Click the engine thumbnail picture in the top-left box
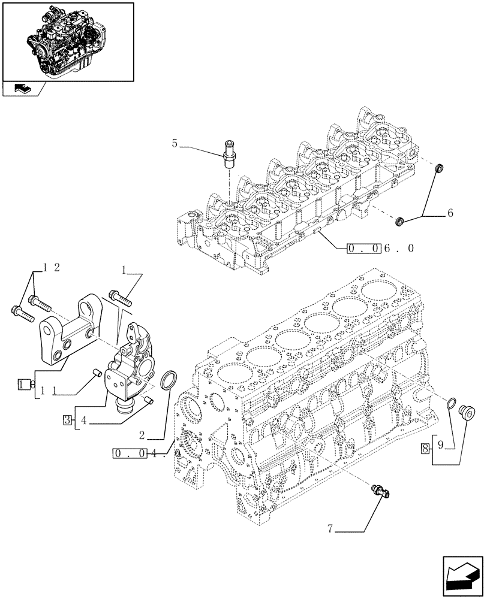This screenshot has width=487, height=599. pyautogui.click(x=67, y=40)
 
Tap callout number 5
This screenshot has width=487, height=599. pyautogui.click(x=175, y=144)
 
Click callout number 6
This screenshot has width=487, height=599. pyautogui.click(x=450, y=213)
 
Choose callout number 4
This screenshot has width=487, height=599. pyautogui.click(x=84, y=421)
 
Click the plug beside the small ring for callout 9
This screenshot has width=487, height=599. pyautogui.click(x=465, y=412)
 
